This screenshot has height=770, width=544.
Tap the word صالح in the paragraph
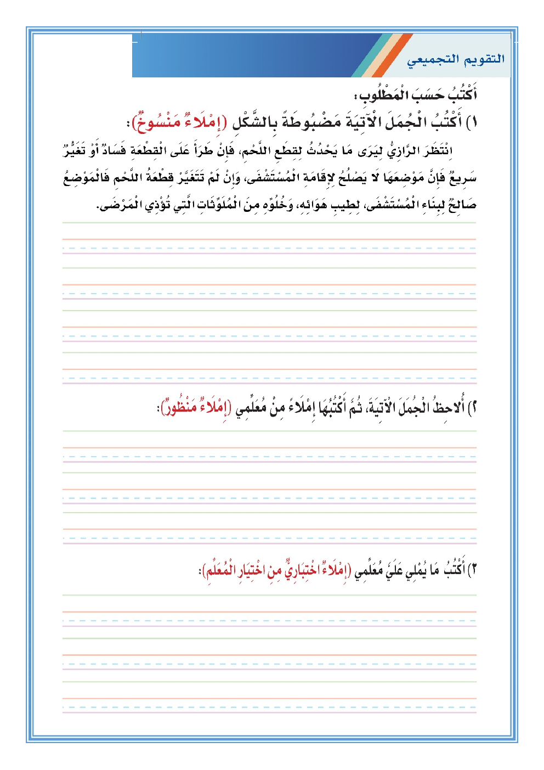tap(462, 205)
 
